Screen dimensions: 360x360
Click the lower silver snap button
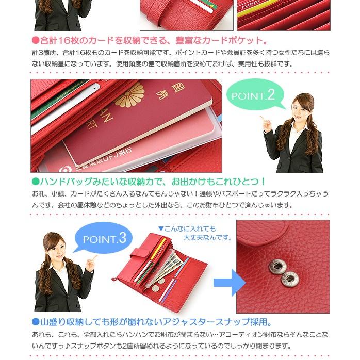[x=289, y=281]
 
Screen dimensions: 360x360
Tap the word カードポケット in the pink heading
[x=230, y=40]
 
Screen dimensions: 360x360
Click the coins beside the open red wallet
[x=158, y=284]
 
